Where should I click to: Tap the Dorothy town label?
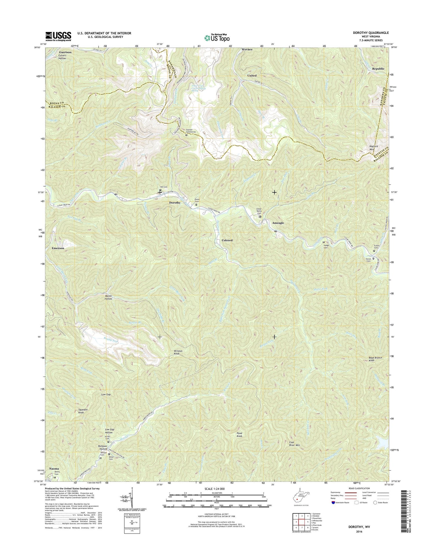pos(175,203)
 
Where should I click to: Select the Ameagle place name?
pos(278,223)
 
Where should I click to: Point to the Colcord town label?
pos(227,240)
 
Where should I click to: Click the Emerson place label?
pos(58,248)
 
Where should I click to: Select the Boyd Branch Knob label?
pos(376,359)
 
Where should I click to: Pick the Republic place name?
pos(378,69)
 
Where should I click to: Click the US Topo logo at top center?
pos(217,38)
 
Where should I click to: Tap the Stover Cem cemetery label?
pos(369,260)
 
